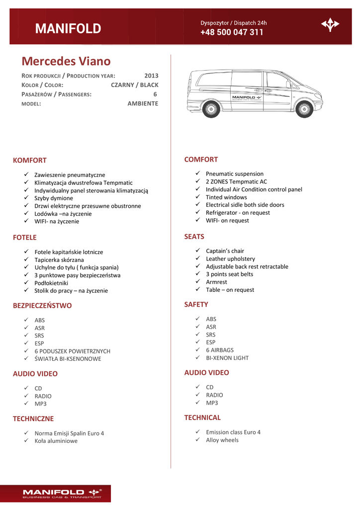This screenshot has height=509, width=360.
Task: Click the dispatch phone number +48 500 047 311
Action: (232, 32)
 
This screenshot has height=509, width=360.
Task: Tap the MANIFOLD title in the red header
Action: (68, 29)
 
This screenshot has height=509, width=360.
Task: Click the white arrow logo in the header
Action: (330, 24)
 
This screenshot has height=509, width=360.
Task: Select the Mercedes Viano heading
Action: (66, 61)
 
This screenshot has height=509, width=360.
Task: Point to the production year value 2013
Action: (151, 76)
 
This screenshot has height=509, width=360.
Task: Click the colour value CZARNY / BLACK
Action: (134, 85)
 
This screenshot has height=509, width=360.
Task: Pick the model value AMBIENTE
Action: (143, 103)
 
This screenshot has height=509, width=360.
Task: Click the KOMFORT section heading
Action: (30, 160)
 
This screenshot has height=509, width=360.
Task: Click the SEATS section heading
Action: (194, 237)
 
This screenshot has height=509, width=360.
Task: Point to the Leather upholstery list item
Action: (230, 258)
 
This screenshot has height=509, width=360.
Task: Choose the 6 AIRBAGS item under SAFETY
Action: (220, 350)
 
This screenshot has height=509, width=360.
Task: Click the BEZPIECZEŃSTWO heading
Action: (42, 306)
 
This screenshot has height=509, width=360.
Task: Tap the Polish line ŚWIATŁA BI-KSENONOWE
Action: (68, 358)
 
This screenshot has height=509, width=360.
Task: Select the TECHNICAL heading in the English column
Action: (202, 418)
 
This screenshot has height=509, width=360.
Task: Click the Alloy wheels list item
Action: (222, 440)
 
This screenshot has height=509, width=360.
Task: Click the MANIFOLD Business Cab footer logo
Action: (62, 494)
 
